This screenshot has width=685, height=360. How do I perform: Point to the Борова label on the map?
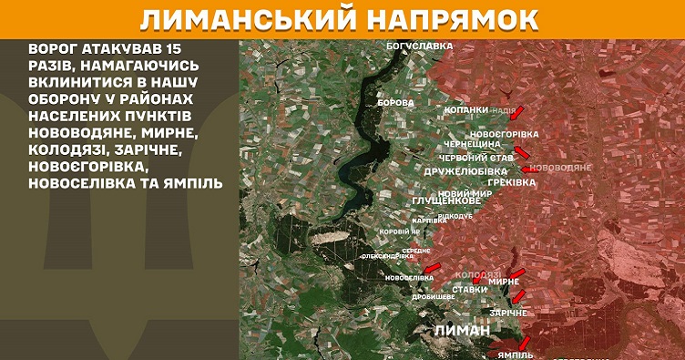click(395, 103)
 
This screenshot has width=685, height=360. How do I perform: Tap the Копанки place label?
click(465, 110)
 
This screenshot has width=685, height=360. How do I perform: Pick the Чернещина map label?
click(472, 144)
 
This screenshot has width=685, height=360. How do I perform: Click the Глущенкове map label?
click(446, 201)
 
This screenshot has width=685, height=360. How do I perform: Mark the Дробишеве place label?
click(434, 297)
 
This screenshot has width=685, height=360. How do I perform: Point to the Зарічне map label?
click(508, 313)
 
